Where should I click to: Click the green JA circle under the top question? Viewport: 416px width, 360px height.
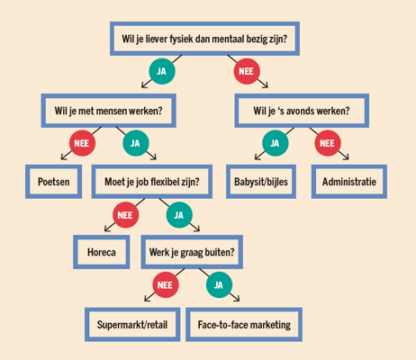click(x=162, y=71)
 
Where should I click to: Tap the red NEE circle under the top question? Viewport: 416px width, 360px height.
click(x=247, y=71)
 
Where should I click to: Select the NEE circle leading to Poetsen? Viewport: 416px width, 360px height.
click(x=82, y=143)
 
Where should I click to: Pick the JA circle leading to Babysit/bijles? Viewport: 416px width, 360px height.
click(x=276, y=143)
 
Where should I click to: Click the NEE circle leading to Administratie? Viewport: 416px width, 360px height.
click(x=328, y=143)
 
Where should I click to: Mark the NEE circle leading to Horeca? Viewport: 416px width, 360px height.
click(x=125, y=215)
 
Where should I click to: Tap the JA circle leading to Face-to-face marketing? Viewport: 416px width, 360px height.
click(x=219, y=284)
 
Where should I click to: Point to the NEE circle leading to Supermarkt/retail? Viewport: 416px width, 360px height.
click(x=166, y=284)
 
